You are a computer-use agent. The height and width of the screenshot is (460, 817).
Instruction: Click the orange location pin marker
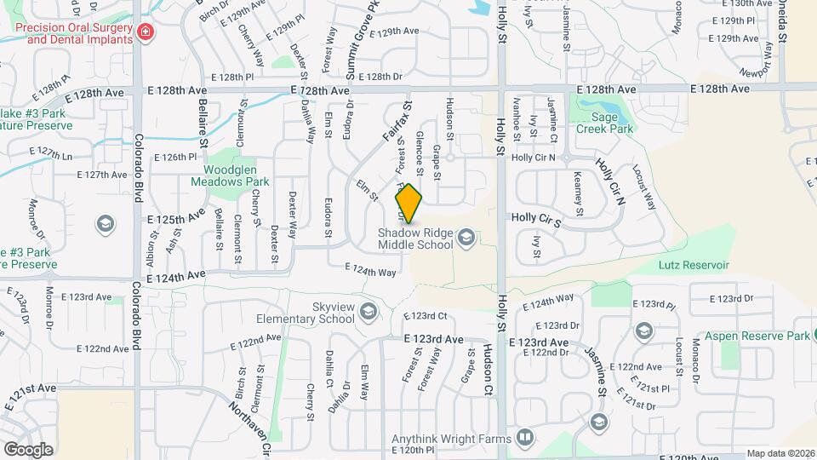(x=408, y=204)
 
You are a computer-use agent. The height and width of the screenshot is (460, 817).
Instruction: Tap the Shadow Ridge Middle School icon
(x=466, y=236)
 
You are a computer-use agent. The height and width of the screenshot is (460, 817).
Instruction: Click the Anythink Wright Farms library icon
(x=525, y=439)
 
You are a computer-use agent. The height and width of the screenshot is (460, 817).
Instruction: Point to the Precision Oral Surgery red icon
(x=146, y=32)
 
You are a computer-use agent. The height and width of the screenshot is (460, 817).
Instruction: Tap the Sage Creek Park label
(x=604, y=123)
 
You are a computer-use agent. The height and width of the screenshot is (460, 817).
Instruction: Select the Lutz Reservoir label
(x=694, y=265)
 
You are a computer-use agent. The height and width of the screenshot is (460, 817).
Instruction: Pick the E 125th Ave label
(x=175, y=220)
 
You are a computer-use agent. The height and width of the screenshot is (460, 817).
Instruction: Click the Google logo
(x=28, y=449)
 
